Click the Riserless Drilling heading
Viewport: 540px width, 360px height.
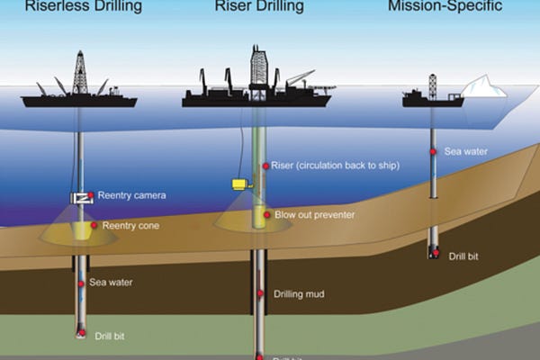(84, 8)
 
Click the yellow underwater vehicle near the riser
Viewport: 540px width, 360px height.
(239, 184)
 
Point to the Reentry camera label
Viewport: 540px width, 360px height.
(131, 195)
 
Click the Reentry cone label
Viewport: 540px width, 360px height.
(131, 225)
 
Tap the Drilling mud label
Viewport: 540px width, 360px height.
(299, 294)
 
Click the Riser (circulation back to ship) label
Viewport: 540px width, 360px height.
(334, 166)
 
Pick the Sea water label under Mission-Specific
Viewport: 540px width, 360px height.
(466, 152)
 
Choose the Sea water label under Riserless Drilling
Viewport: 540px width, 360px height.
(111, 282)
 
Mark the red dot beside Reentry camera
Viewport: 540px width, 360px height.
(91, 195)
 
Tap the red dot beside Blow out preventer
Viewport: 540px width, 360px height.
(266, 215)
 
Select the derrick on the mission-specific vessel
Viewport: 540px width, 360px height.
(432, 85)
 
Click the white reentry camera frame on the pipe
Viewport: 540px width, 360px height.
(79, 197)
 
